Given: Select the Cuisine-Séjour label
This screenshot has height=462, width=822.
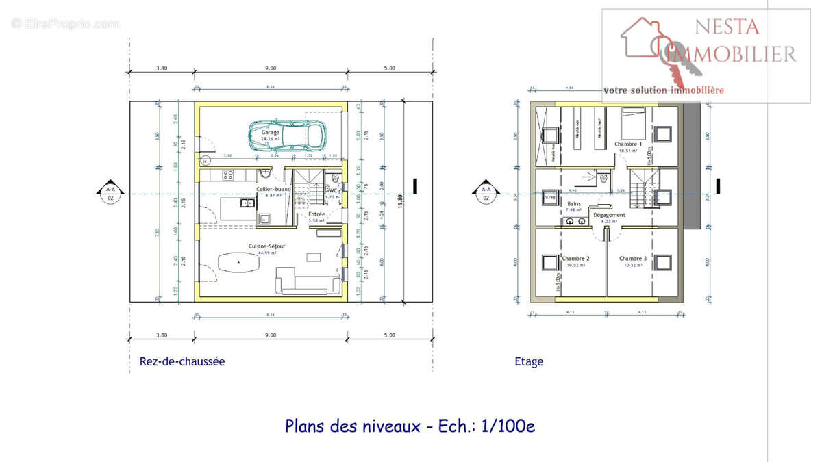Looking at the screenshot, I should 267,246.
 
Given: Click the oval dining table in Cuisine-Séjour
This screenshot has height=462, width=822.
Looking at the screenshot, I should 238,262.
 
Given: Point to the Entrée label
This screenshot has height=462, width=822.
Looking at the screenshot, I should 316,214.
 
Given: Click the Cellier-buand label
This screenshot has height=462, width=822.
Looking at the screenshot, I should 274,189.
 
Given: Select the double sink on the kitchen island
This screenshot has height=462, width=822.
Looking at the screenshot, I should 247,203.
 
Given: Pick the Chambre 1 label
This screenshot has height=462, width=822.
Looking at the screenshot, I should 628,144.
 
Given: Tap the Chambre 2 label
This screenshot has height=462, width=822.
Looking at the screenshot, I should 575,259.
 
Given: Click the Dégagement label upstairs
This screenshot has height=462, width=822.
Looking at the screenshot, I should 609,215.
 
